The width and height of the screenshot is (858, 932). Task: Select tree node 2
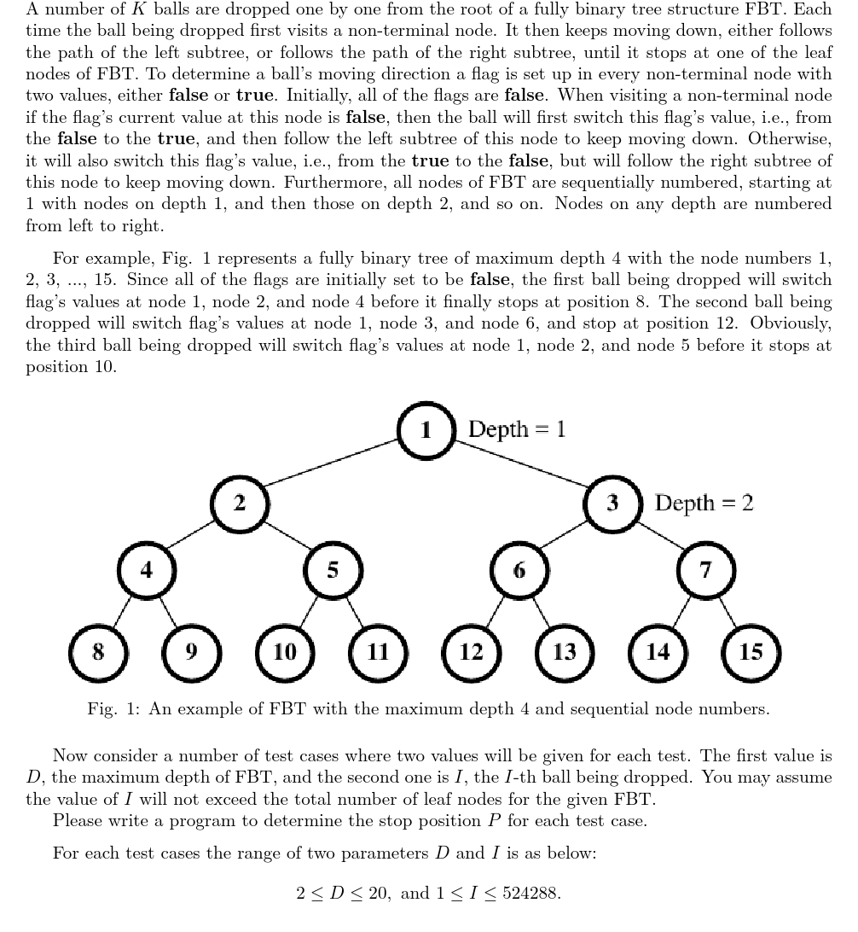click(x=240, y=504)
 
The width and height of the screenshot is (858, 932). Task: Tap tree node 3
click(x=612, y=504)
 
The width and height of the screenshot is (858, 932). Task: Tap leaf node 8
click(x=99, y=652)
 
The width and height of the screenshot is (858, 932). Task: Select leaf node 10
click(x=285, y=652)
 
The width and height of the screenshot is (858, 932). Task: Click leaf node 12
click(x=472, y=652)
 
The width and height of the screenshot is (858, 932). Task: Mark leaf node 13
click(x=565, y=652)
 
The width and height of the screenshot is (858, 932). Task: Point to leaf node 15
click(x=751, y=652)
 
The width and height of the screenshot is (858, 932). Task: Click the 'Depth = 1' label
click(x=517, y=428)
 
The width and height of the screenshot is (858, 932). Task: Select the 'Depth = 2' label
click(x=704, y=503)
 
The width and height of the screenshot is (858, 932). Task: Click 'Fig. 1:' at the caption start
click(x=113, y=709)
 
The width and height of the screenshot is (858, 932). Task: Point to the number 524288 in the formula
click(x=530, y=894)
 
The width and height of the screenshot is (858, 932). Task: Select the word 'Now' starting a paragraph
click(x=69, y=755)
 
